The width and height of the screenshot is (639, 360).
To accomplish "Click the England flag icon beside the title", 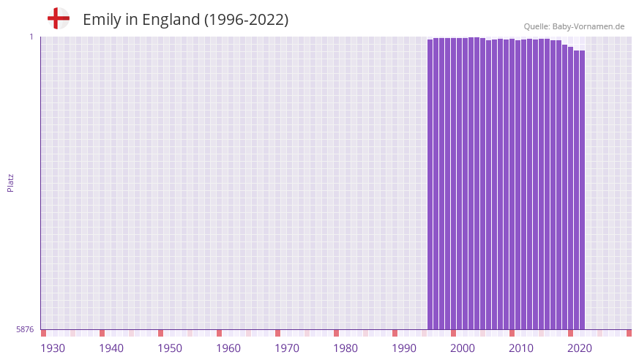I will pyautogui.click(x=58, y=18).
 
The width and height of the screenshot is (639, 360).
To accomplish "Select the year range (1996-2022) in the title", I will pyautogui.click(x=246, y=20).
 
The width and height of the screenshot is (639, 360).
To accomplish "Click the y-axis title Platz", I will pyautogui.click(x=10, y=183).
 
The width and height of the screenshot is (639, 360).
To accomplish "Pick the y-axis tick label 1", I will pyautogui.click(x=31, y=37).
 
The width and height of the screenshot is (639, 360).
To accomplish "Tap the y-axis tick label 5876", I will pyautogui.click(x=25, y=330).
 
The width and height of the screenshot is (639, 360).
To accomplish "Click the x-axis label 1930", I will pyautogui.click(x=53, y=348).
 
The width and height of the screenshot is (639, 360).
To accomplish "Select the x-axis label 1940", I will pyautogui.click(x=111, y=348).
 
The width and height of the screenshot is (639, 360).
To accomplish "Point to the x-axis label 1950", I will pyautogui.click(x=170, y=348).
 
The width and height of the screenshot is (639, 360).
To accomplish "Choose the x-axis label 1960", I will pyautogui.click(x=228, y=348).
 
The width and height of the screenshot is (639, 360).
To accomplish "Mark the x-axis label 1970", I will pyautogui.click(x=287, y=348).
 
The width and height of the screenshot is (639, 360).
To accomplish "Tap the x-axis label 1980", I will pyautogui.click(x=345, y=348).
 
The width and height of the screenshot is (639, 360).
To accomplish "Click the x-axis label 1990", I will pyautogui.click(x=404, y=348).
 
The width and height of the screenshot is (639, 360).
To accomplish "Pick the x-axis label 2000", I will pyautogui.click(x=463, y=348).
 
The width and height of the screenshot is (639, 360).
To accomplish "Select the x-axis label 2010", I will pyautogui.click(x=521, y=348).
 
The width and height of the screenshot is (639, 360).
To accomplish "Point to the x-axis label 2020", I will pyautogui.click(x=580, y=348).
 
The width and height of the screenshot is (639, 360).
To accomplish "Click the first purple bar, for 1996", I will pyautogui.click(x=430, y=183).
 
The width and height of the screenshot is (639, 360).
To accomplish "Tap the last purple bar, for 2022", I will pyautogui.click(x=582, y=190).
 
